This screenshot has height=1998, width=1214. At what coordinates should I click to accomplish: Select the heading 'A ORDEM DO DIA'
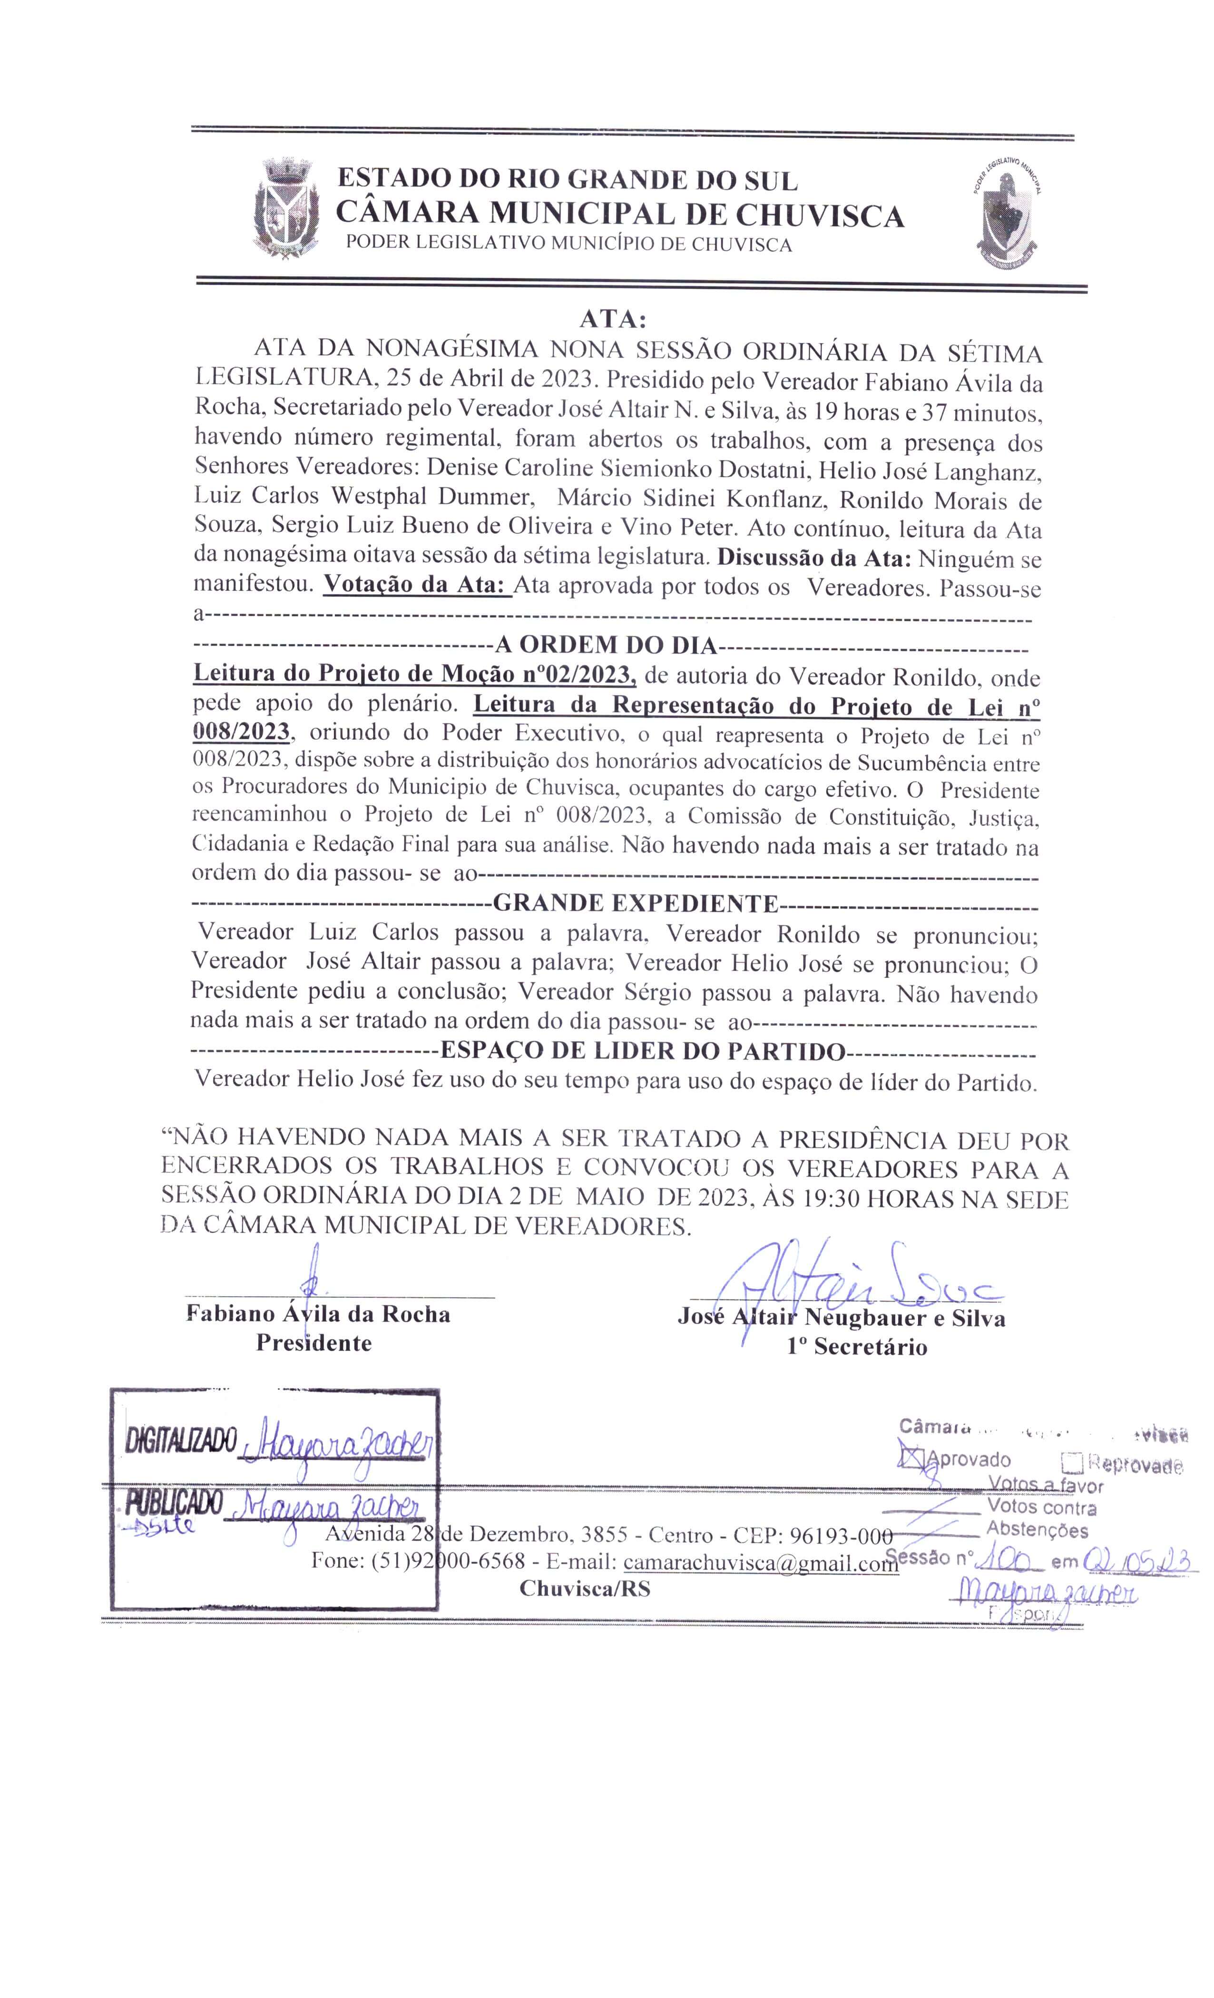pyautogui.click(x=607, y=646)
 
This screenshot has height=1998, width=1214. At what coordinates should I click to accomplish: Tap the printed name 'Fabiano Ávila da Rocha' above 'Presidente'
pyautogui.click(x=318, y=1313)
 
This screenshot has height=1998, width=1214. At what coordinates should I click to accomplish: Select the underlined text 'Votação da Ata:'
pyautogui.click(x=416, y=586)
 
